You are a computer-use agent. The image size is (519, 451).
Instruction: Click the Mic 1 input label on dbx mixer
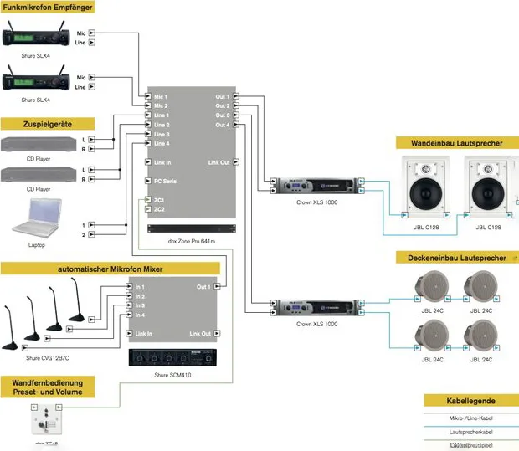click(x=161, y=97)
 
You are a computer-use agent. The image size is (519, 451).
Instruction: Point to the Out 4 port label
click(x=222, y=125)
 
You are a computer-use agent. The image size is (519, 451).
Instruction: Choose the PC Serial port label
click(x=166, y=181)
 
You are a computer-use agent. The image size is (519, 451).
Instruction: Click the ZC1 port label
click(x=159, y=200)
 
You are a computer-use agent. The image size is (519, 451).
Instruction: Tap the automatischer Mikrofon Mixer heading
click(x=110, y=269)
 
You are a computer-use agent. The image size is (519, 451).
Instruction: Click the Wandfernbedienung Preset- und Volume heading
click(x=59, y=386)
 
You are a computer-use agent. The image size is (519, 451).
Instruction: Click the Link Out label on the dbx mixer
click(x=218, y=162)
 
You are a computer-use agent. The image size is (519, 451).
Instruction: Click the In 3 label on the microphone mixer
click(x=140, y=305)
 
